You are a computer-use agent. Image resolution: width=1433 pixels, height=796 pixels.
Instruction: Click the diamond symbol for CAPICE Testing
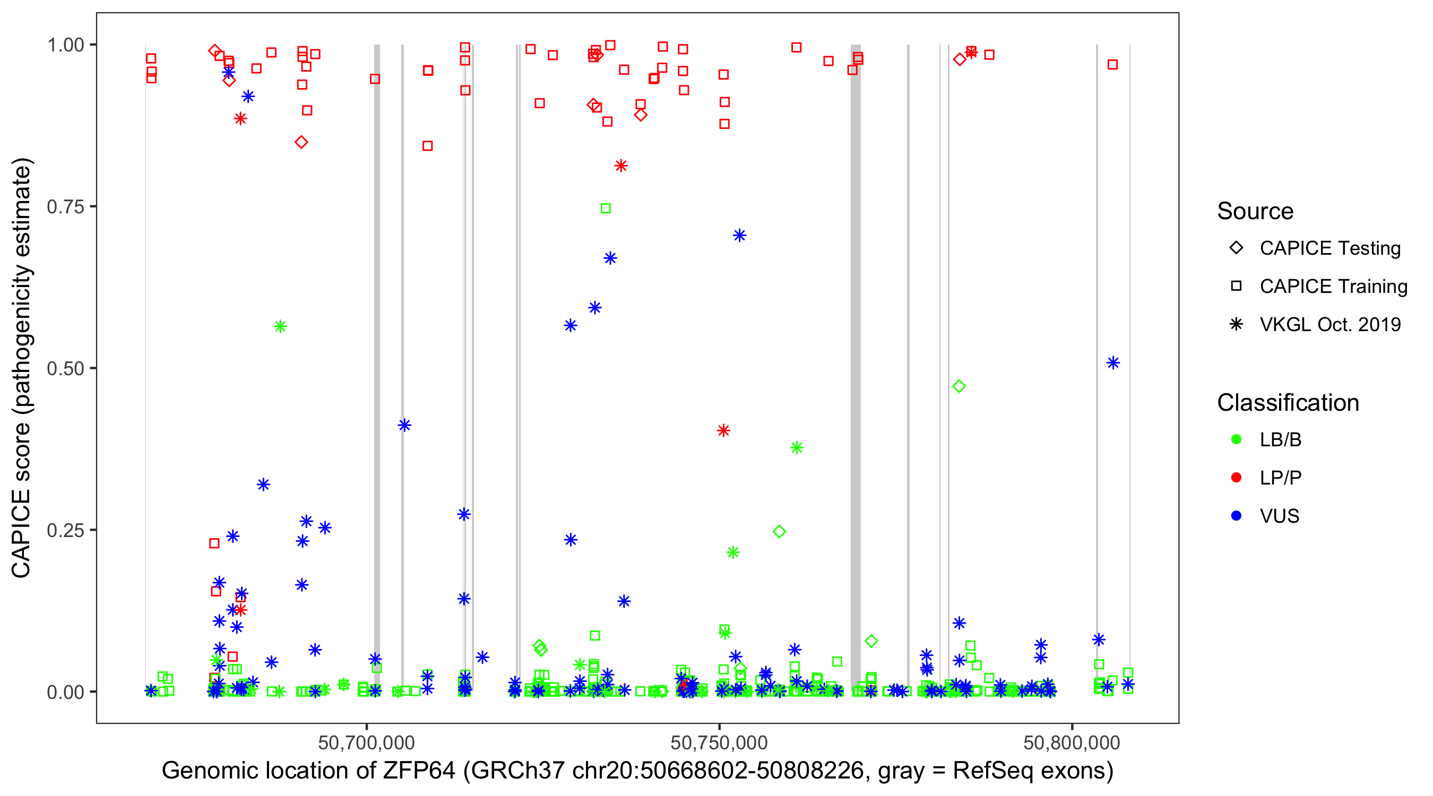[x=1236, y=248]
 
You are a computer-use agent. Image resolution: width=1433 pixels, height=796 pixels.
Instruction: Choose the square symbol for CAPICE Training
[x=1236, y=286]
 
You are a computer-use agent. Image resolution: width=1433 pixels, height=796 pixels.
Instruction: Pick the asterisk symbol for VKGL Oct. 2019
[x=1236, y=324]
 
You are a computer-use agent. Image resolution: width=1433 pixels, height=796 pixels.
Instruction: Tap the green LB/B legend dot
[x=1236, y=439]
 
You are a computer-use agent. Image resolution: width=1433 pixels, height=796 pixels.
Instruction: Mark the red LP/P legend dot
[x=1236, y=478]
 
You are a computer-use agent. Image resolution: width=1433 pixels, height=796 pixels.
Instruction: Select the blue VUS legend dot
[x=1236, y=516]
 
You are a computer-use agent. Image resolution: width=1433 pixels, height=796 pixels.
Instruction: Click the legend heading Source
[x=1255, y=211]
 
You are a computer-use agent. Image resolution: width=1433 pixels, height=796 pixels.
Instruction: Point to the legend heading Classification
[x=1288, y=403]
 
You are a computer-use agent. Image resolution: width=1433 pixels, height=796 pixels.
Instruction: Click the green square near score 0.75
[x=606, y=209]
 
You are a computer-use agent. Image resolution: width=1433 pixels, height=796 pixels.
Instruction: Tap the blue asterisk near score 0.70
[x=739, y=236]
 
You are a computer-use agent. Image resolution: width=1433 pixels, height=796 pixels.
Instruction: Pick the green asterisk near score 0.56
[x=280, y=326]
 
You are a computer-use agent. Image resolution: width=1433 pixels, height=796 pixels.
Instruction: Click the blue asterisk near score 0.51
[x=1112, y=363]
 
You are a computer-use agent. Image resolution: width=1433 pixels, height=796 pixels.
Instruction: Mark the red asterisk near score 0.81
[x=621, y=166]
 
